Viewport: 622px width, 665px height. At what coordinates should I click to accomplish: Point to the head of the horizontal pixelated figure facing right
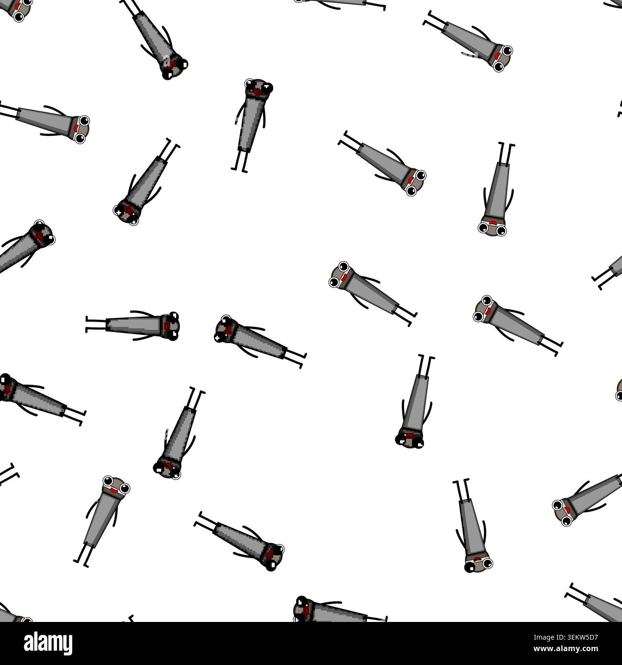coord(170,326)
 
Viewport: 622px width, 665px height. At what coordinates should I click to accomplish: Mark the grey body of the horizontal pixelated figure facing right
coord(134,325)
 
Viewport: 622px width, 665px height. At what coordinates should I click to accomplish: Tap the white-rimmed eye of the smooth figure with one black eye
coord(488,564)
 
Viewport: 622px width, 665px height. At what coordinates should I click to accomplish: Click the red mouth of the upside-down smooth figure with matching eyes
coord(493,222)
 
